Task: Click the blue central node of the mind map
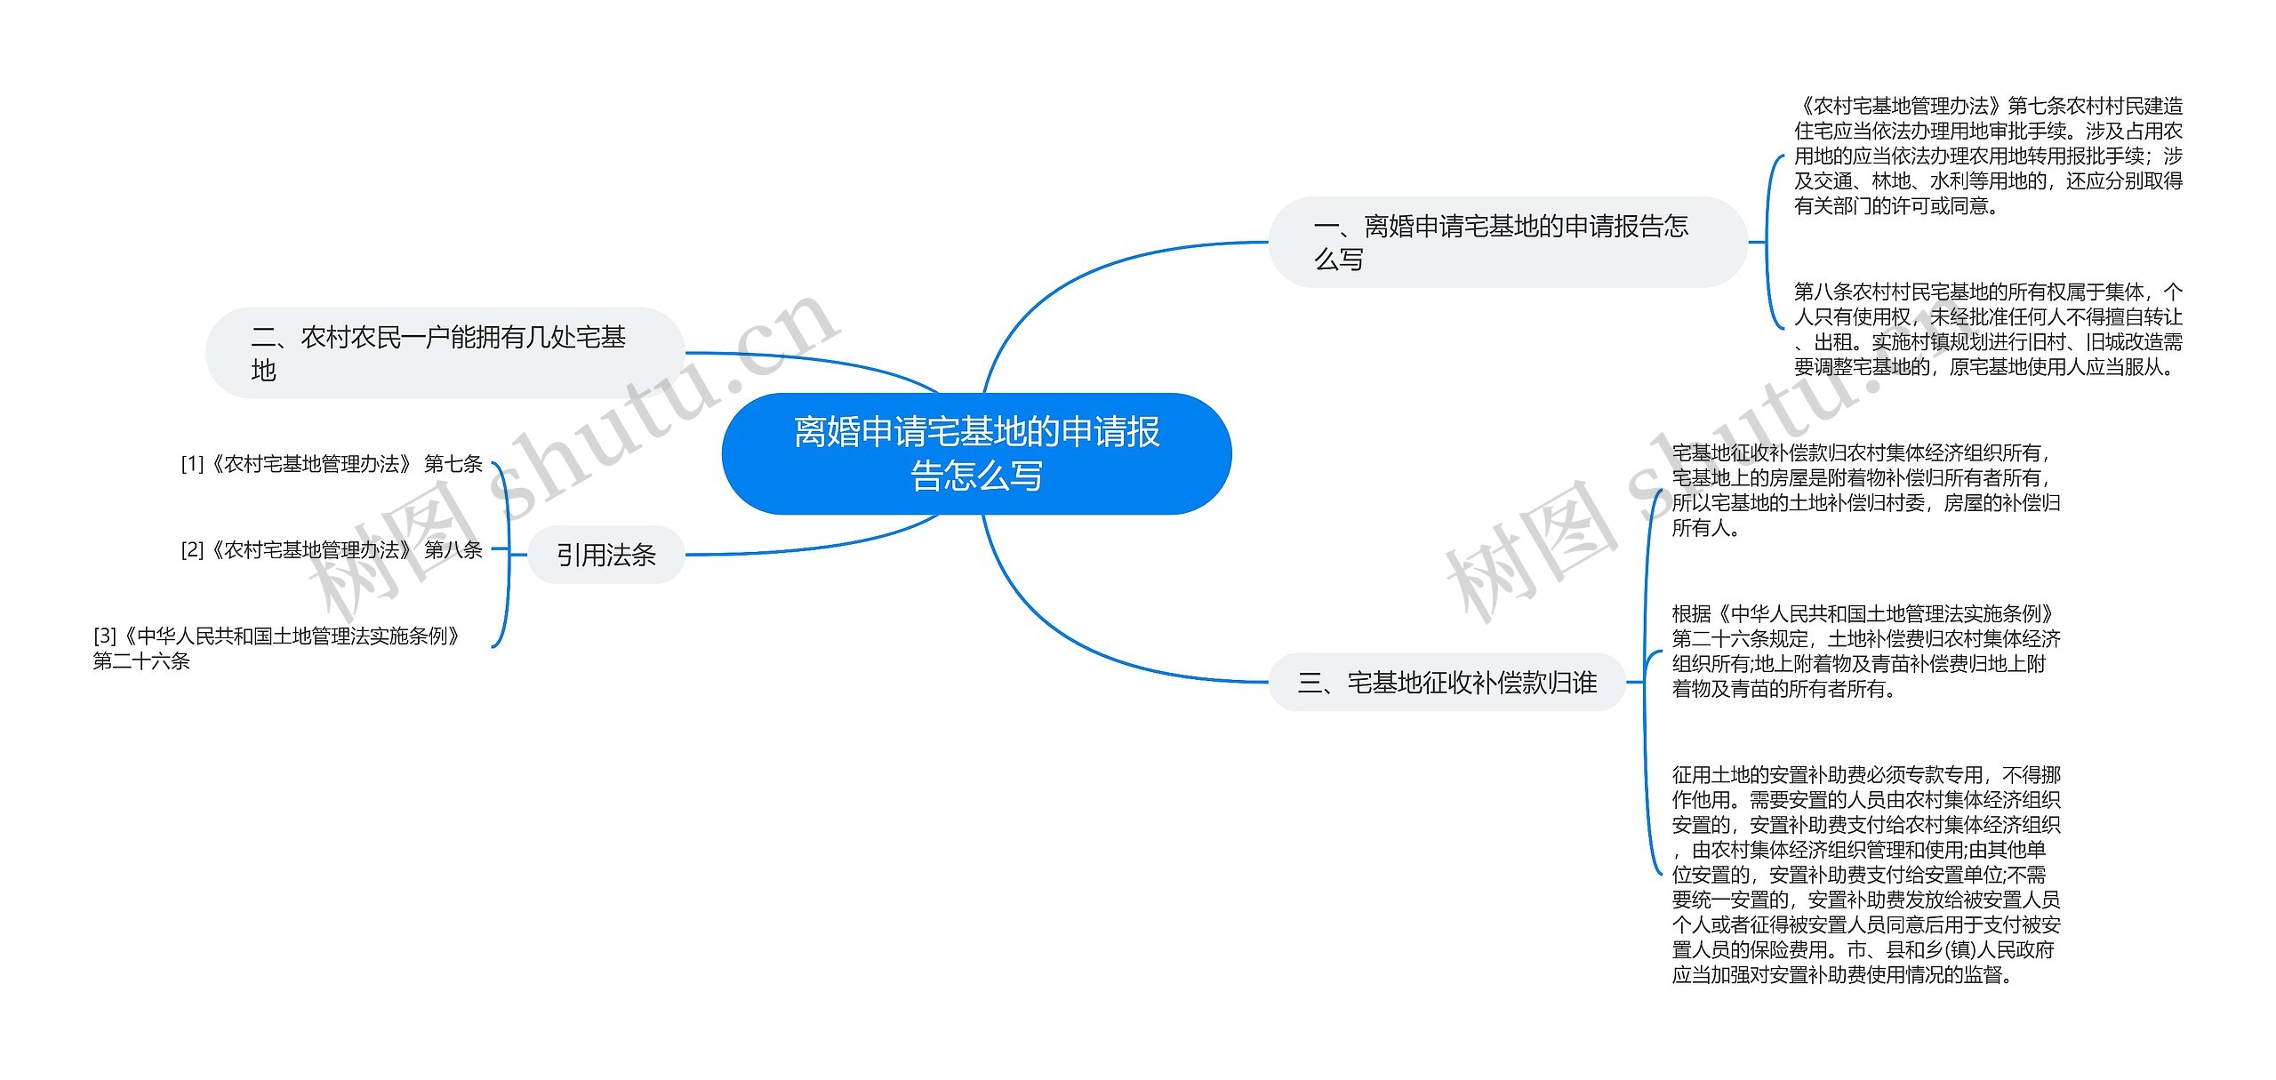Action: point(976,453)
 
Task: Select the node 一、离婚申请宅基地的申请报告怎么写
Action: point(1508,242)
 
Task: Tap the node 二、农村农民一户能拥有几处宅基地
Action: point(445,353)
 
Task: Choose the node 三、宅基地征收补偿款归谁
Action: point(1447,682)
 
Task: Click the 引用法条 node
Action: point(606,555)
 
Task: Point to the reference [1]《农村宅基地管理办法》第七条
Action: point(332,464)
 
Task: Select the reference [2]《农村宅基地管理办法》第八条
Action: point(332,550)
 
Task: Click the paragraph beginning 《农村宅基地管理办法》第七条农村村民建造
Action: point(1988,156)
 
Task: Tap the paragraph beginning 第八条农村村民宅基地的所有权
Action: point(1988,329)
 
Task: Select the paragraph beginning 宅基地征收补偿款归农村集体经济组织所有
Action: point(1866,490)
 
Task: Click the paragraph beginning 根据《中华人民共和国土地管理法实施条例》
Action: point(1866,651)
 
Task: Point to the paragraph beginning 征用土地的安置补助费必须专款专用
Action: point(1866,875)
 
